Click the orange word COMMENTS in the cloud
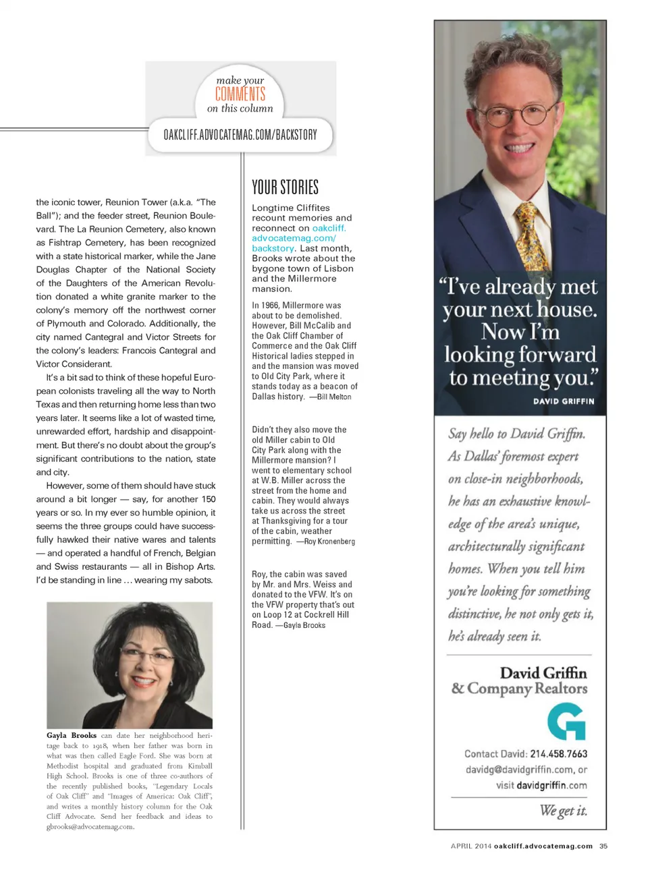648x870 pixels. point(240,94)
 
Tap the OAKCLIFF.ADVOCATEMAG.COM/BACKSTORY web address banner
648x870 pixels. point(240,134)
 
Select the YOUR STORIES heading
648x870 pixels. point(285,187)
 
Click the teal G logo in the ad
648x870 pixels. point(566,722)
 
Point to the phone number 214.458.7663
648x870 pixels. point(558,754)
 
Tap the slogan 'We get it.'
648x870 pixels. point(563,811)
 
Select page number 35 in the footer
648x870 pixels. point(603,846)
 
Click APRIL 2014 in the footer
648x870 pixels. point(471,846)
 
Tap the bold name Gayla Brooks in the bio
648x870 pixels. point(72,735)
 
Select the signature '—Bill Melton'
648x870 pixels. point(330,397)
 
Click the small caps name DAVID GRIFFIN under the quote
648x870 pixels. point(564,401)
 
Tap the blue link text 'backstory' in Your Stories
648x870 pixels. point(273,248)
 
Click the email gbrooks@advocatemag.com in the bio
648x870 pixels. point(90,826)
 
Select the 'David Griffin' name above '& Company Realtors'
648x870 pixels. point(543,672)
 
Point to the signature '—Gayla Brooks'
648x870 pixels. point(300,625)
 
